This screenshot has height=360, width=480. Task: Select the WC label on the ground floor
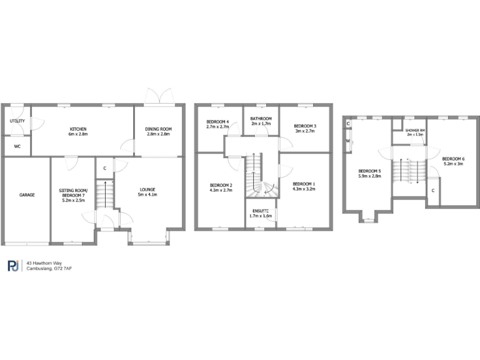pyautogui.click(x=17, y=147)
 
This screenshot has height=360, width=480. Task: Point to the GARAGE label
pyautogui.click(x=26, y=195)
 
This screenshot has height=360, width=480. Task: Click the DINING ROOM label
pyautogui.click(x=158, y=129)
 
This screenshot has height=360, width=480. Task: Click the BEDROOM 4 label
pyautogui.click(x=218, y=122)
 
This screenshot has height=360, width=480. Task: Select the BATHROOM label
pyautogui.click(x=261, y=119)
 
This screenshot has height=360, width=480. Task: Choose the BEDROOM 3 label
pyautogui.click(x=305, y=126)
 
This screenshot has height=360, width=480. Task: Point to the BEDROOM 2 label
pyautogui.click(x=221, y=186)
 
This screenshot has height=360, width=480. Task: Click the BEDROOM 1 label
pyautogui.click(x=304, y=184)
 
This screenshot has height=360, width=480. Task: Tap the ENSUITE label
pyautogui.click(x=260, y=211)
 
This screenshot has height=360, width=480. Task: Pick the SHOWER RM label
pyautogui.click(x=414, y=130)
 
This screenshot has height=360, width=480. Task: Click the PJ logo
pyautogui.click(x=13, y=266)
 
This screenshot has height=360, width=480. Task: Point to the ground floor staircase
pyautogui.click(x=105, y=194)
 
